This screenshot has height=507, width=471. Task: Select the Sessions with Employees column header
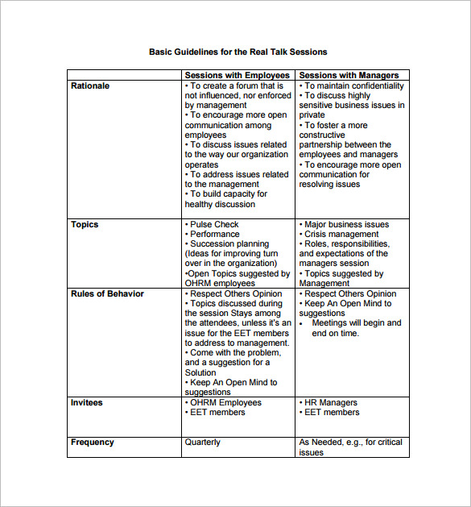tap(237, 76)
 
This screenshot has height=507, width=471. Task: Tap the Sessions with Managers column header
tap(349, 76)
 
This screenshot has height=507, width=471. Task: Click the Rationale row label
tap(90, 85)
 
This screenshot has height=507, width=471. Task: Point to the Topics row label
tap(85, 224)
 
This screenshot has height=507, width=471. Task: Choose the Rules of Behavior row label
tap(107, 293)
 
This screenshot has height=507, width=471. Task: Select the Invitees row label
tap(87, 402)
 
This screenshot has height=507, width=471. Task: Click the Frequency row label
tap(93, 442)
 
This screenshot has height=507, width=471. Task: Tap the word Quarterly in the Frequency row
tap(202, 442)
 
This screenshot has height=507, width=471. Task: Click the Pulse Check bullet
tap(214, 224)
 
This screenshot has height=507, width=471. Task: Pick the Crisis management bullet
tap(341, 234)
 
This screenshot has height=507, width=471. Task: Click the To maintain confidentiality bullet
tap(353, 85)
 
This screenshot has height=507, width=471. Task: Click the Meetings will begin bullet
tap(356, 323)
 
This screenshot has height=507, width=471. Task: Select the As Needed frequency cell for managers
tap(350, 447)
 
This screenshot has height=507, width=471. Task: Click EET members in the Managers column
tap(331, 412)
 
